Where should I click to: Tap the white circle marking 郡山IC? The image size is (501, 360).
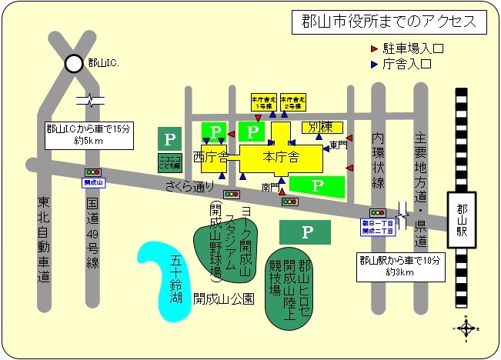pyautogui.click(x=75, y=64)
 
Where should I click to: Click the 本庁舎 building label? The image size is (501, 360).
pyautogui.click(x=280, y=158)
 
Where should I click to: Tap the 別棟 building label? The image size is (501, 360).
pyautogui.click(x=322, y=128)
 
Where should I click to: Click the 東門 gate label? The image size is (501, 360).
pyautogui.click(x=339, y=145)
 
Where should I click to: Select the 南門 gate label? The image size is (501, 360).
pyautogui.click(x=269, y=186)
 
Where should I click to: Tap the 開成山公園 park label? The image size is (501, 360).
pyautogui.click(x=223, y=298)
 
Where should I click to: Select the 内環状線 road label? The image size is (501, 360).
pyautogui.click(x=378, y=159)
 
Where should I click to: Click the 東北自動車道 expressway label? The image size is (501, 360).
pyautogui.click(x=43, y=238)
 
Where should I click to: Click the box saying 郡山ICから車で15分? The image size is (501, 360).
pyautogui.click(x=87, y=135)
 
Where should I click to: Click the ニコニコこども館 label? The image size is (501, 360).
pyautogui.click(x=169, y=163)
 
